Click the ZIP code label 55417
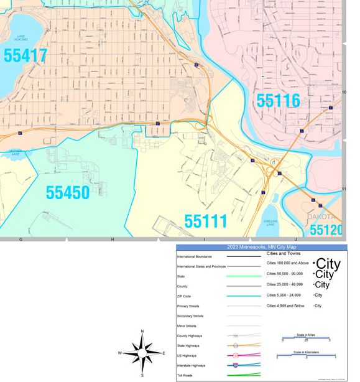coord(25,56)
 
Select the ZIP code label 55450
coord(68,192)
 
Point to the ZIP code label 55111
coord(206,221)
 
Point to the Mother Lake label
coord(15,152)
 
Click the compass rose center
coord(142,353)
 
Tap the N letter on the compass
coord(142,332)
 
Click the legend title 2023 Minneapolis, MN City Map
coord(261,247)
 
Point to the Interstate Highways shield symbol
coord(236,365)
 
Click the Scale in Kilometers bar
coord(306,355)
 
